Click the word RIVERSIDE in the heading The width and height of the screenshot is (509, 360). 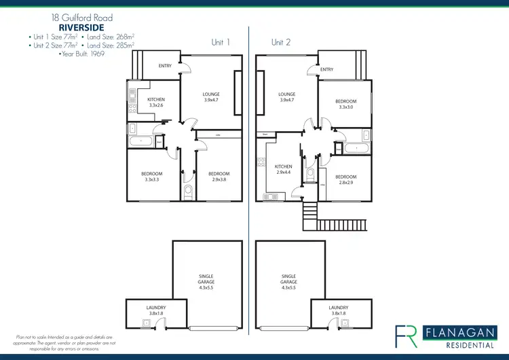pos(81,27)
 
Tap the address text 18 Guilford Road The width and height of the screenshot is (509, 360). pos(81,17)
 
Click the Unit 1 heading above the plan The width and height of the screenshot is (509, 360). pos(221,42)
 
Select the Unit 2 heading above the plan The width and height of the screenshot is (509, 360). pos(281,42)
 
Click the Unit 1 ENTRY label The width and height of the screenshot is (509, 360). pos(165,66)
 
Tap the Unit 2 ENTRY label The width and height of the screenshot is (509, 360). pos(326,69)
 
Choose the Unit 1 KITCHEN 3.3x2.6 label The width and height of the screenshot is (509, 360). pos(156,103)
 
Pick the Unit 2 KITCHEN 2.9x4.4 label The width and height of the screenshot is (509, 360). pos(284,169)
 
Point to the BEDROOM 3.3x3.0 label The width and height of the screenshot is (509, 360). pos(345,104)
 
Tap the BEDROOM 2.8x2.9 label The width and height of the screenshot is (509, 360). pos(345,179)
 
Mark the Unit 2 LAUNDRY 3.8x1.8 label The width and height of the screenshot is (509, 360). pos(339,310)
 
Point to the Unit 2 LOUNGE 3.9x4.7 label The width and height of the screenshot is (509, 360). pos(286,97)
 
